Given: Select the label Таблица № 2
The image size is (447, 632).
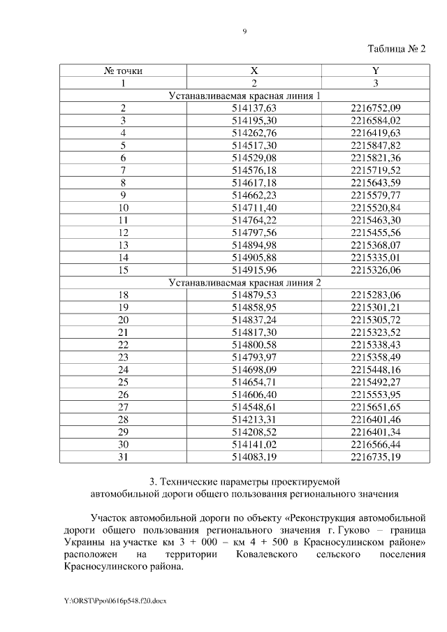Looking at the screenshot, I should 396,48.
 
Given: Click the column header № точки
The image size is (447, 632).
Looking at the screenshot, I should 123,71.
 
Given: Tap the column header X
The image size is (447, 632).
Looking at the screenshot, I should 254,71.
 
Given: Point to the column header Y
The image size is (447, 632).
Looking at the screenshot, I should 376,71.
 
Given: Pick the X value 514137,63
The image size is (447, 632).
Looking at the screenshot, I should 254,108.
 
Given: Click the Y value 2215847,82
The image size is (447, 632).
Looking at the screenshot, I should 376,145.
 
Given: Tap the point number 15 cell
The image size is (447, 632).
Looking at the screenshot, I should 123,270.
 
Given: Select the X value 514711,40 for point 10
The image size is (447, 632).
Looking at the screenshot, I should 254,207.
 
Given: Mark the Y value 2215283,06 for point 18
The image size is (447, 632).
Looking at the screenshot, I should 376,295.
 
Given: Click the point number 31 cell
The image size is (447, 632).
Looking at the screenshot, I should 123,457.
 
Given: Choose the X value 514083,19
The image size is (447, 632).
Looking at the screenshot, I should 254,457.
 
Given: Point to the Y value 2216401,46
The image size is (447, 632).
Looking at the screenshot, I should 376,420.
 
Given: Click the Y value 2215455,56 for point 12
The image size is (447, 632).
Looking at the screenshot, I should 376,233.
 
